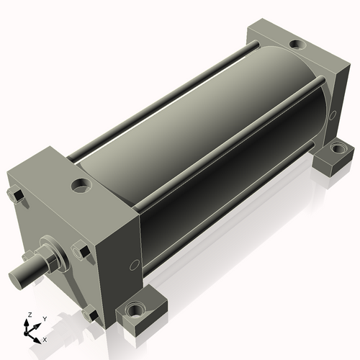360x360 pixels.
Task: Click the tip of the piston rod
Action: tap(15, 279)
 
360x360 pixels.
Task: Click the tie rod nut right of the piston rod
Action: tap(81, 251)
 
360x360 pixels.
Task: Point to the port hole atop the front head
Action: tap(82, 186)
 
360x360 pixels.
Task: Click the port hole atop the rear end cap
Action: tap(298, 45)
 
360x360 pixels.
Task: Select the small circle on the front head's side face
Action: tap(135, 265)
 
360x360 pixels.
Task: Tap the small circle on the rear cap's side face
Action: tap(333, 116)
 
